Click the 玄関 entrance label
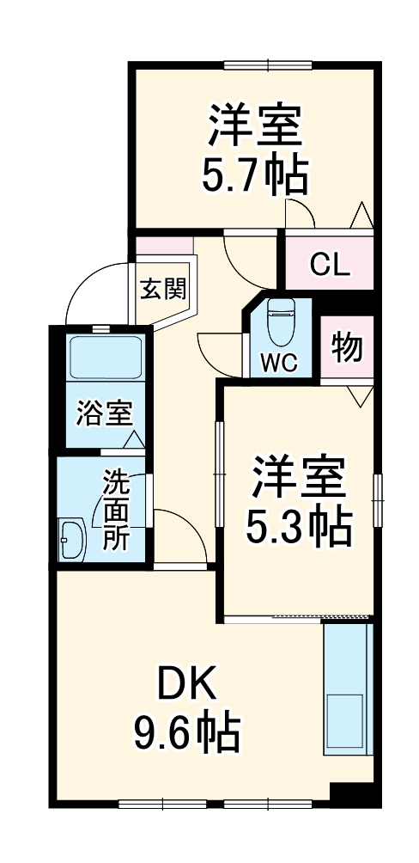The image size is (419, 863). click(x=164, y=289)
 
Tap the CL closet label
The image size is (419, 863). click(x=330, y=265)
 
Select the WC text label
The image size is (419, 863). click(x=279, y=364)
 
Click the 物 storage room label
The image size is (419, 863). click(x=347, y=349)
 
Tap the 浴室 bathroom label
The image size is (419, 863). click(x=104, y=413)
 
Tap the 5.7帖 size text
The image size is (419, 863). click(x=254, y=174)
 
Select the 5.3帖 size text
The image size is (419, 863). click(x=299, y=527)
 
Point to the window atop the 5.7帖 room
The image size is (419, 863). click(x=267, y=64)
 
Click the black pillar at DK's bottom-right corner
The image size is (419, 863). click(x=354, y=794)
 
